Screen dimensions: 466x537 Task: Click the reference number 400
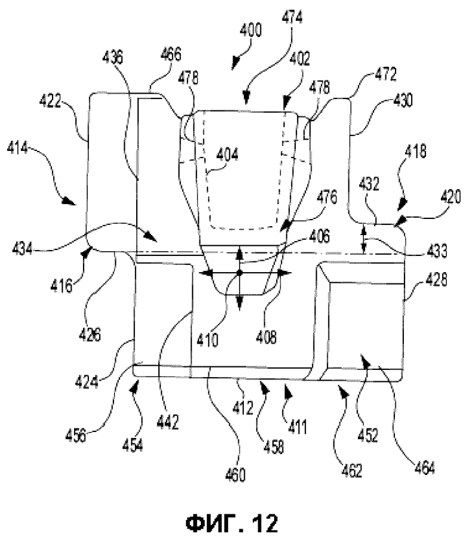click(251, 30)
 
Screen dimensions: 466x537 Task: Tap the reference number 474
click(292, 17)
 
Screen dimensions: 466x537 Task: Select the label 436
click(112, 57)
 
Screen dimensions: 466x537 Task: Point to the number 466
click(170, 54)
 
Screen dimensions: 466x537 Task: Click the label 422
click(50, 101)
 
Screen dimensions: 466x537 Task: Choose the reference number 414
click(18, 148)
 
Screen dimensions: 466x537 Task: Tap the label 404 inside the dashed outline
click(228, 155)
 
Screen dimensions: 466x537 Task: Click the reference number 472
click(385, 75)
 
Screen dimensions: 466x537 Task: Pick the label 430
click(402, 100)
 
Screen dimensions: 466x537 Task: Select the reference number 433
click(437, 251)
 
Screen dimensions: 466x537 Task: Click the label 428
click(437, 279)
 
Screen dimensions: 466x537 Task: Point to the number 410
click(207, 340)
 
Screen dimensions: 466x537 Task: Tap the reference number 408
click(266, 337)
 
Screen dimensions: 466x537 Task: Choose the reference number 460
click(235, 475)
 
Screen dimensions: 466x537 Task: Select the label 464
click(424, 467)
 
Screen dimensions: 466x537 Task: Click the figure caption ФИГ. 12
click(232, 523)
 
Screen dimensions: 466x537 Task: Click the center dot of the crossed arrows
click(240, 273)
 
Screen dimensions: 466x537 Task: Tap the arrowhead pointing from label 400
click(235, 64)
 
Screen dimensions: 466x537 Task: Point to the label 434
click(23, 248)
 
